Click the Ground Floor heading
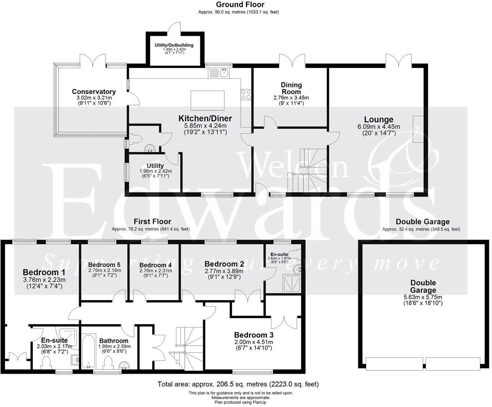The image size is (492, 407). (x=240, y=5)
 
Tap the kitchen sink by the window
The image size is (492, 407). (x=219, y=73)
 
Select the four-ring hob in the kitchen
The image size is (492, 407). (x=246, y=94)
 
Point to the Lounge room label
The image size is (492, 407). (x=378, y=120)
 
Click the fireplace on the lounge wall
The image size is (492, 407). (x=418, y=129)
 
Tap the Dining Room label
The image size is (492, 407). (x=291, y=88)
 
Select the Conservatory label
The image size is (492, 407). (x=94, y=92)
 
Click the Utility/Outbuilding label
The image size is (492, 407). (x=174, y=45)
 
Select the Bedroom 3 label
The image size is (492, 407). (x=254, y=335)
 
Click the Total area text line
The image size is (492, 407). (x=238, y=384)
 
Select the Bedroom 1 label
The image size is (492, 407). (x=44, y=272)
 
